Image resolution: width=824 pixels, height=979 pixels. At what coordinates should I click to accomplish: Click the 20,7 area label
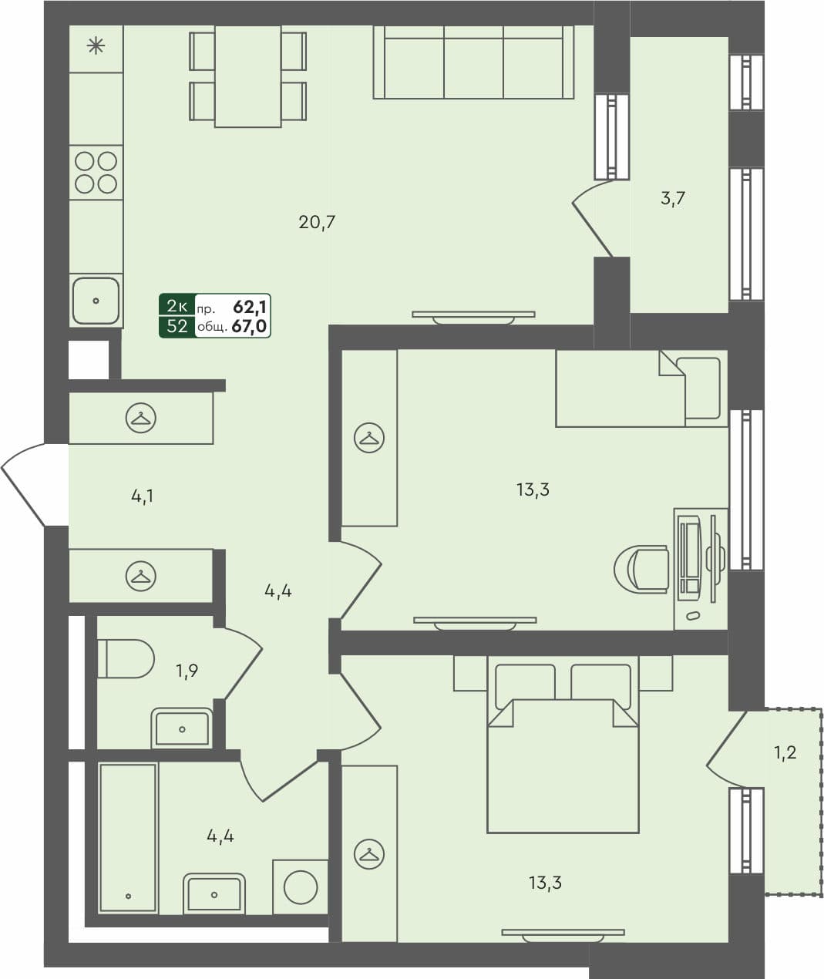[x=317, y=223]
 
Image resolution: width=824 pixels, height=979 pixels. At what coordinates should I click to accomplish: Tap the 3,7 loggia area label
[x=673, y=199]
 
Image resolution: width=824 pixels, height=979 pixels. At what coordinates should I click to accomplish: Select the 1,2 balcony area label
[x=785, y=752]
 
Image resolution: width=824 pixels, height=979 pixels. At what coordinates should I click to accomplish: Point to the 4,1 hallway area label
[x=142, y=496]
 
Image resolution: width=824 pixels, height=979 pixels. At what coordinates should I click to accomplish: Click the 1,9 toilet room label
[x=187, y=671]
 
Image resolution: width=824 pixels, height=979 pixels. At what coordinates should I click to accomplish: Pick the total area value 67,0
[x=249, y=327]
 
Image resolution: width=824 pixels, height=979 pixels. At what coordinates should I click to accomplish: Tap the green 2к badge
[x=177, y=306]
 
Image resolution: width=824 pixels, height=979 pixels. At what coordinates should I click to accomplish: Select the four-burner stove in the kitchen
[x=96, y=172]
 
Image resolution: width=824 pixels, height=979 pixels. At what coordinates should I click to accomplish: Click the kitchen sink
[x=96, y=301]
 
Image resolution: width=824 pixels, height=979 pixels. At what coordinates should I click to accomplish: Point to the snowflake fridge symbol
[x=96, y=47]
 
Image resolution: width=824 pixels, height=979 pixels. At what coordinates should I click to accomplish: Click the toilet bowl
[x=126, y=658]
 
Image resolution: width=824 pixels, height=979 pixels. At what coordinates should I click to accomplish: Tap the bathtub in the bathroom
[x=128, y=838]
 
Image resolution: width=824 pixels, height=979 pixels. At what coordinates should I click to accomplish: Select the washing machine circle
[x=301, y=887]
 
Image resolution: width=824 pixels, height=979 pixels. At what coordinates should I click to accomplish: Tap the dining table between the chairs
[x=247, y=76]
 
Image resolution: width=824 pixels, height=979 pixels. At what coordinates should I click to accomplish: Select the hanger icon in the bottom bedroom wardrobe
[x=369, y=855]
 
